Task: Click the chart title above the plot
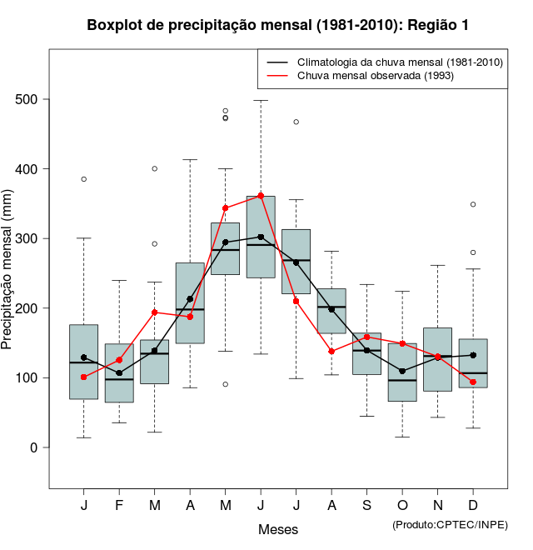click(278, 26)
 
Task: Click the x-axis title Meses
click(278, 529)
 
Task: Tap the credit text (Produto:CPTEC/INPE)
click(450, 524)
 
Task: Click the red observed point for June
click(261, 196)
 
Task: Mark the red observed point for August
click(331, 352)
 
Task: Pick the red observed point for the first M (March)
click(154, 312)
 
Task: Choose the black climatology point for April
click(190, 299)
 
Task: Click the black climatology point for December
click(473, 355)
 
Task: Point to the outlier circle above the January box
click(83, 179)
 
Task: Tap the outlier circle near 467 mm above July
click(296, 122)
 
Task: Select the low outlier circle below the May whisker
click(225, 384)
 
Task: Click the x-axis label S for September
click(366, 506)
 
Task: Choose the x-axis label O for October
click(402, 506)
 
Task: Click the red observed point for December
click(473, 382)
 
